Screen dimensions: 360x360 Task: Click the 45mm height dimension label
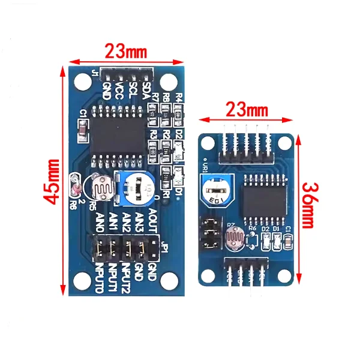[x=55, y=181]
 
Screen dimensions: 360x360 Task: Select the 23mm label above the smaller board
[x=247, y=110]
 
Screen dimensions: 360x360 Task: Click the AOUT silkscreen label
[x=152, y=220]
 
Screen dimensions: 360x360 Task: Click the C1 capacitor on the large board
[x=82, y=127]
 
